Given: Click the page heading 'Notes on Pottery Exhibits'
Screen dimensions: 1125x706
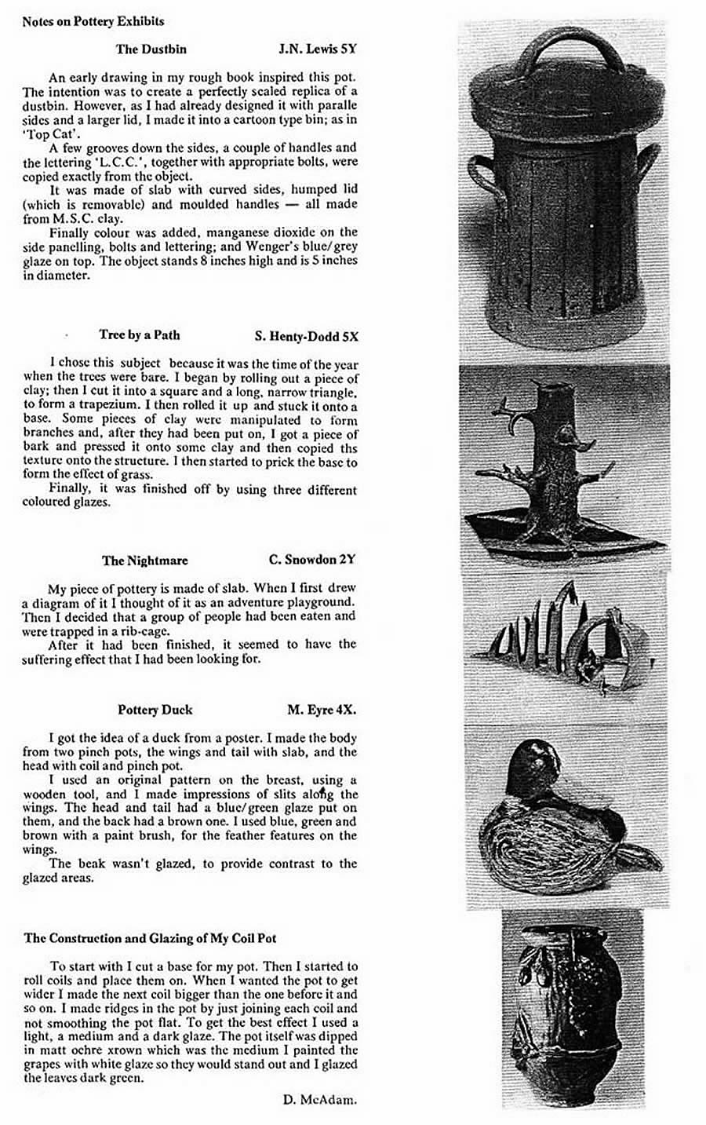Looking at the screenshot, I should (93, 21).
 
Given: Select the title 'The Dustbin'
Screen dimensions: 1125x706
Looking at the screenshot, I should (151, 49).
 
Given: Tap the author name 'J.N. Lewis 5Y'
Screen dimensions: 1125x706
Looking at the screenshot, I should (318, 49).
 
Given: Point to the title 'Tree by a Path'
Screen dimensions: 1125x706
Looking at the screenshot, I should (140, 335).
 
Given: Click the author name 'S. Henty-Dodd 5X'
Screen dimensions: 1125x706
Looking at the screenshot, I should (307, 336).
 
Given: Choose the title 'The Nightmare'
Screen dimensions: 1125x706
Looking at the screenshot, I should (144, 561).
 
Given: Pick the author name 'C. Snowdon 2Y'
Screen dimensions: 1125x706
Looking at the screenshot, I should (311, 560).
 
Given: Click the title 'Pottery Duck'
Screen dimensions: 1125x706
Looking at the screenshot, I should (155, 710).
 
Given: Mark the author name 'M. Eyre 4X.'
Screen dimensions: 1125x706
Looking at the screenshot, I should (322, 710).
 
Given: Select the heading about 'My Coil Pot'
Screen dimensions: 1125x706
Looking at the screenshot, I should (150, 938).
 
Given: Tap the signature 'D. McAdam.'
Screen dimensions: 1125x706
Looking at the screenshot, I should (320, 1100).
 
